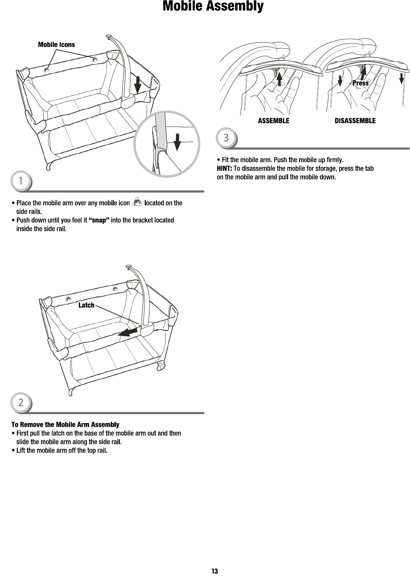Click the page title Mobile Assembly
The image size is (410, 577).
213,6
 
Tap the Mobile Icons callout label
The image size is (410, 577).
56,45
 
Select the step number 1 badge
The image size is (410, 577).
21,181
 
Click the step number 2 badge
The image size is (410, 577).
21,403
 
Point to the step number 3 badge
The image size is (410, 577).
226,138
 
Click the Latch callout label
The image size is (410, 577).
86,305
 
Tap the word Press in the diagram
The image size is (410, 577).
360,83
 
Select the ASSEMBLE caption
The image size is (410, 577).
273,121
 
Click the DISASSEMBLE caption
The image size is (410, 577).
355,121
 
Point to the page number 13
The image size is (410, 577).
214,571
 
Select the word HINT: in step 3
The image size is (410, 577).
224,169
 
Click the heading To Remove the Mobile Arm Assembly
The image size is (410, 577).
65,425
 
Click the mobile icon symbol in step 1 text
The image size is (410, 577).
137,203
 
